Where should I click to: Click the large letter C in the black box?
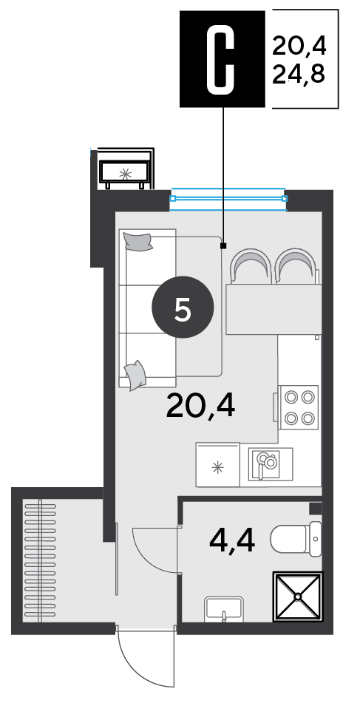(220, 58)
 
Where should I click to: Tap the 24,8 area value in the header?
(299, 74)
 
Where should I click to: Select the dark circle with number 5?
(183, 308)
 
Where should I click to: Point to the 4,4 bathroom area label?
(232, 541)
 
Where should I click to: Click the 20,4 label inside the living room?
(200, 407)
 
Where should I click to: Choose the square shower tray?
(298, 597)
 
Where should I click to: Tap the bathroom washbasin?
(224, 609)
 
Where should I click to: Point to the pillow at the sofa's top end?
(138, 242)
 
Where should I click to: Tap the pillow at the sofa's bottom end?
(135, 376)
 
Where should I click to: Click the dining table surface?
(274, 309)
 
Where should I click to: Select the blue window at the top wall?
(228, 199)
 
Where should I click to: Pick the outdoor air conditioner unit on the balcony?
(125, 173)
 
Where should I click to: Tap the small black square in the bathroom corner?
(316, 509)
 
